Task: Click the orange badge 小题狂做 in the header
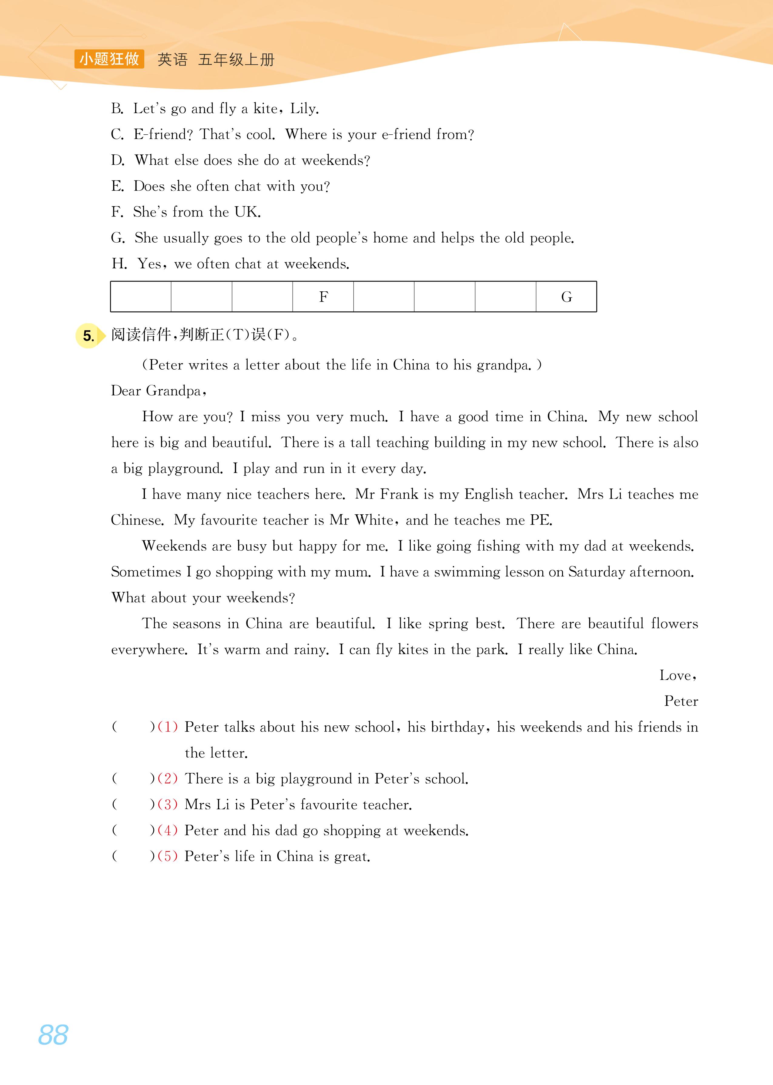pos(109,59)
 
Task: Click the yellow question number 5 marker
pos(89,336)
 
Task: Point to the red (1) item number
pos(168,727)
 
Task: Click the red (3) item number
pos(168,805)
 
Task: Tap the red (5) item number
pos(168,856)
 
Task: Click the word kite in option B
pos(265,109)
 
